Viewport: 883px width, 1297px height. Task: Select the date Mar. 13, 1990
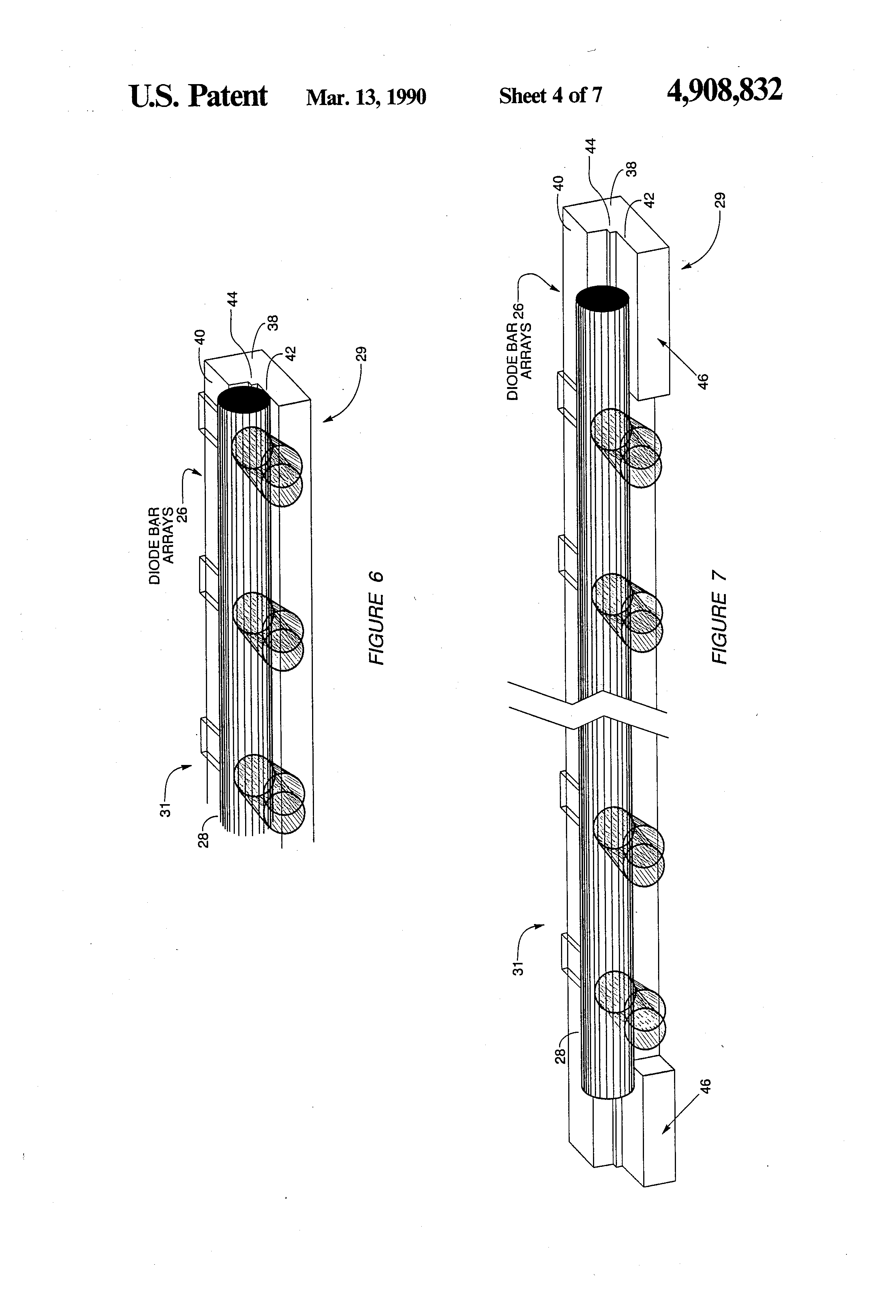click(x=366, y=97)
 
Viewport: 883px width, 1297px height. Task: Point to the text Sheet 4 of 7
click(x=550, y=96)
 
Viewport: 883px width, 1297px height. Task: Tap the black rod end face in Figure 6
click(x=243, y=400)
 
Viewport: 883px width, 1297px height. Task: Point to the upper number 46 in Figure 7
click(x=703, y=381)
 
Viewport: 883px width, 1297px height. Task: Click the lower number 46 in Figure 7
click(x=706, y=1087)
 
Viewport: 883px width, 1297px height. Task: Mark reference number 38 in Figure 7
click(x=631, y=169)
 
